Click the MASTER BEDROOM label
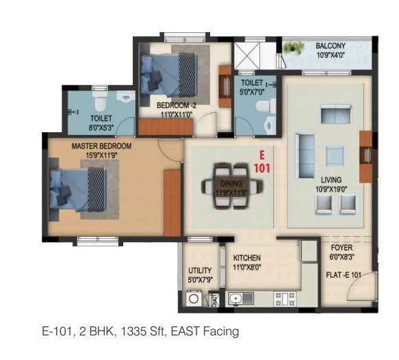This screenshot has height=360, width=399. [x=101, y=146]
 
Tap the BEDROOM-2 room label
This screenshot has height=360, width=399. [x=177, y=105]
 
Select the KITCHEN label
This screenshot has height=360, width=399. [x=246, y=258]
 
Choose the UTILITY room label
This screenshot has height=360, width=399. [x=199, y=271]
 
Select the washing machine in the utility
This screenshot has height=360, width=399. [x=194, y=298]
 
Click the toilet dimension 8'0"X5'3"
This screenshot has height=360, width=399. [x=100, y=127]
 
